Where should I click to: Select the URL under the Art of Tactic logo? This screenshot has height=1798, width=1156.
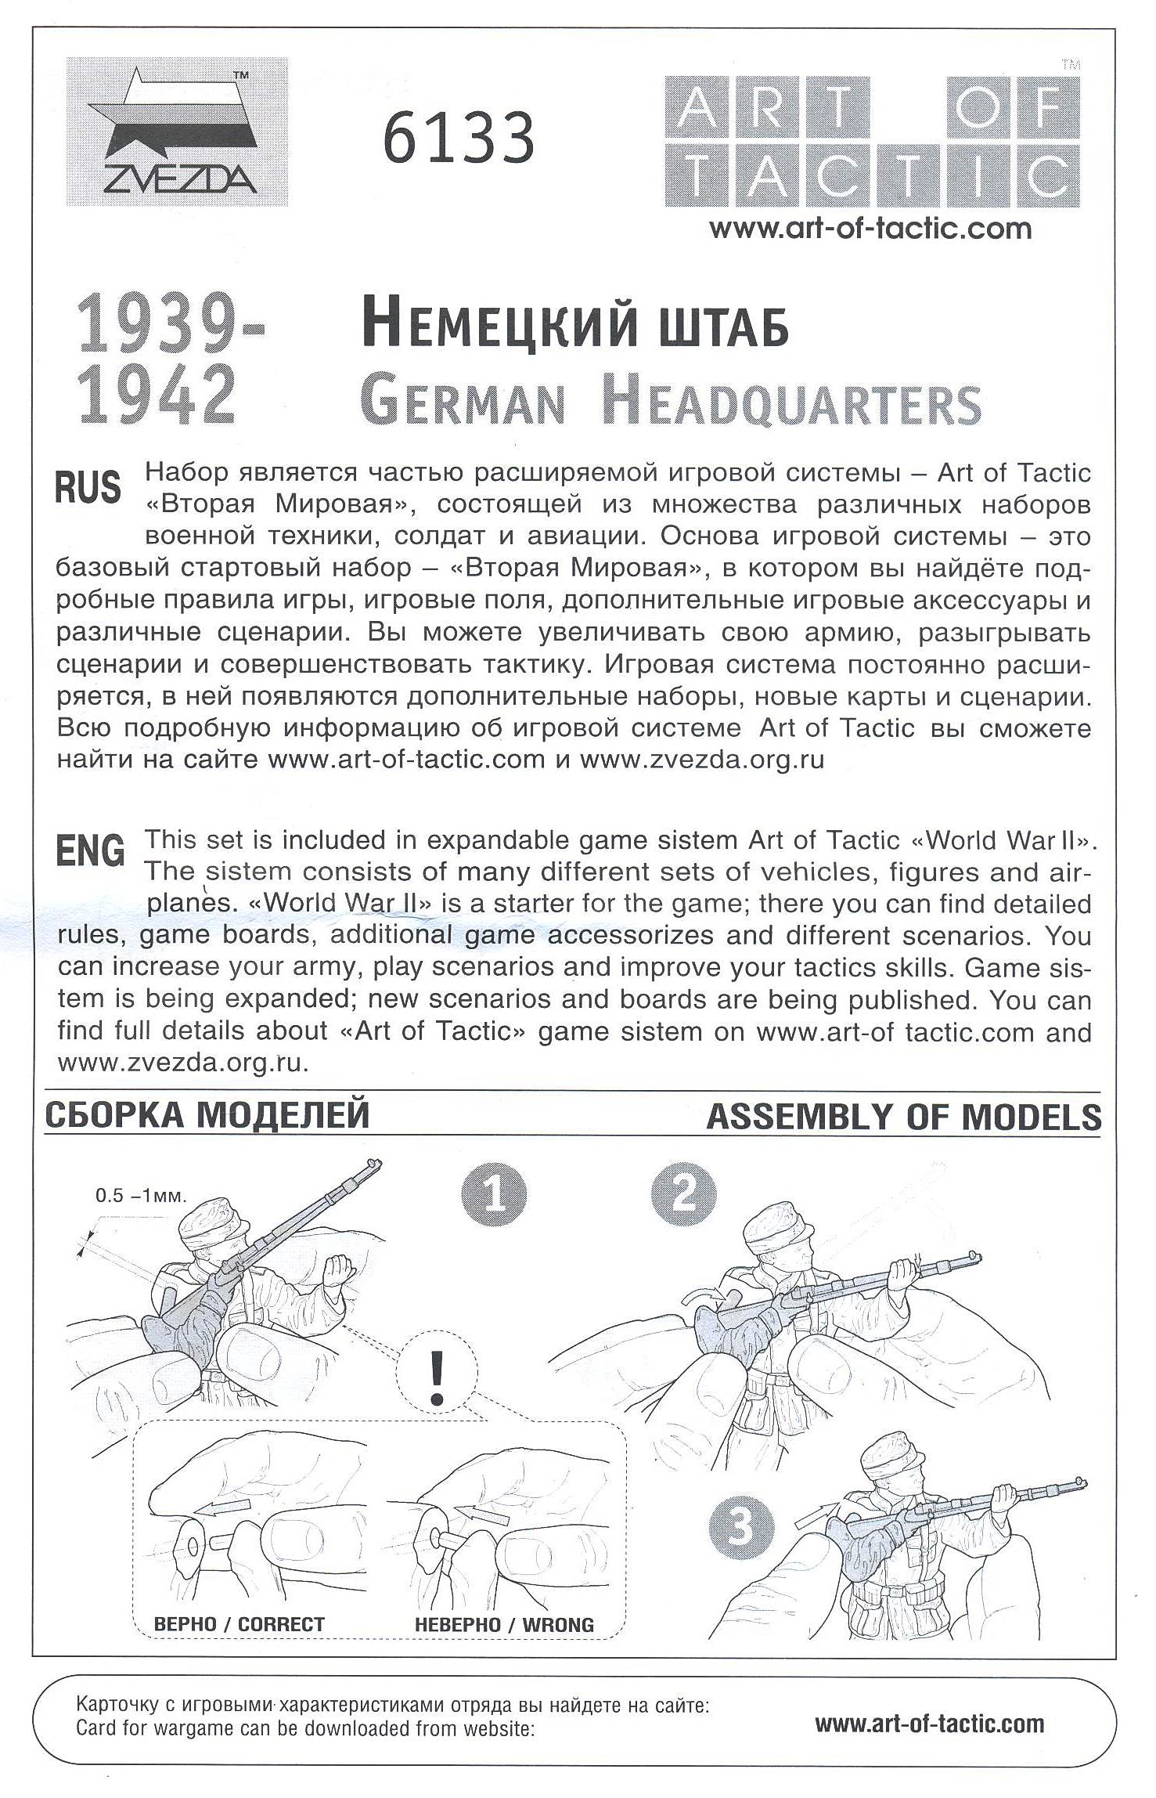(x=870, y=229)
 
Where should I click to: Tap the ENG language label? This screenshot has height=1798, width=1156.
(x=90, y=850)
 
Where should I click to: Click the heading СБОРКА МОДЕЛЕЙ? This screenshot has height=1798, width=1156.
(x=207, y=1115)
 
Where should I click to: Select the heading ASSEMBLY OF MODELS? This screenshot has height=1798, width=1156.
(x=903, y=1117)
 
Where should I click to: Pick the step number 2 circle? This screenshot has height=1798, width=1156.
(x=683, y=1195)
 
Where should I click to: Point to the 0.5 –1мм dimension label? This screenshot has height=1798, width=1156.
(x=141, y=1196)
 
